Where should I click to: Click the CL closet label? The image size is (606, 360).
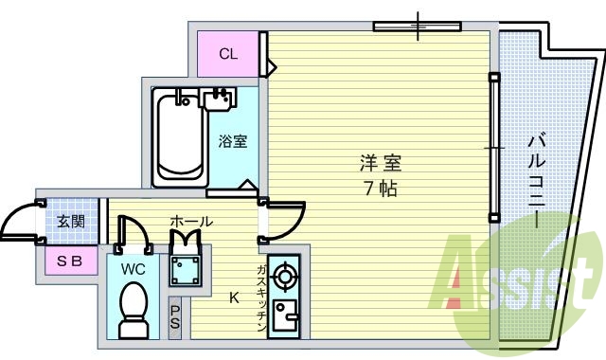point(228,54)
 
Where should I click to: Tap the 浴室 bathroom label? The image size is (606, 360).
point(233,142)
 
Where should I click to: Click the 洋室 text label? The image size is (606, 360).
point(375,162)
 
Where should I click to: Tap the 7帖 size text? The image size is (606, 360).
point(379,188)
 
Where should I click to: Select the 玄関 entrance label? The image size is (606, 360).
point(70,222)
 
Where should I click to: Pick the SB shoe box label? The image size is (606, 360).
point(68,261)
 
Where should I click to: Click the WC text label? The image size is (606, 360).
point(134,268)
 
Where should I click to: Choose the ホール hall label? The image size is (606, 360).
point(190,222)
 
